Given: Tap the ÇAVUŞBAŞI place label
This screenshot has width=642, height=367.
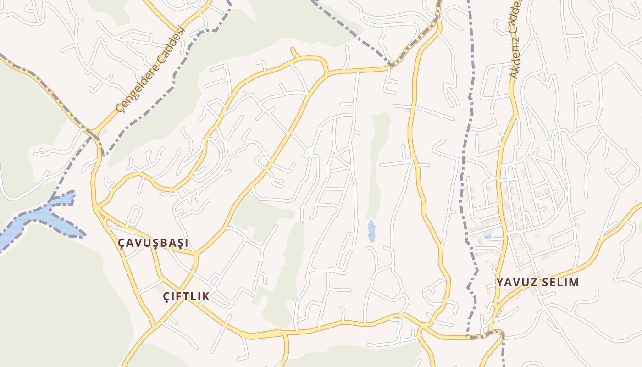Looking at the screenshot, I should pos(153,243).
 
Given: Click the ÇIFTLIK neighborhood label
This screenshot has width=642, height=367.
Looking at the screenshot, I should pos(186,296).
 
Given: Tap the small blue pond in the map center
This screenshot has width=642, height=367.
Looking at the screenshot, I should pos(371,230).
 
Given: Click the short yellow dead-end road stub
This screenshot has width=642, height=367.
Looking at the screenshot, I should pos(294,52).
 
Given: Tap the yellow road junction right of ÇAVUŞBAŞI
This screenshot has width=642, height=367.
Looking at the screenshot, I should pos(196,254).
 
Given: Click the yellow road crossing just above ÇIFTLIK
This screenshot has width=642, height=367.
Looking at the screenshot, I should pos(161,277).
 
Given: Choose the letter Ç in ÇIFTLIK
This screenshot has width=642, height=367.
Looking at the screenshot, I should pos(167,297).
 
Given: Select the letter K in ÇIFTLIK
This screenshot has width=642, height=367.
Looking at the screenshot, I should pos(206,296).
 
